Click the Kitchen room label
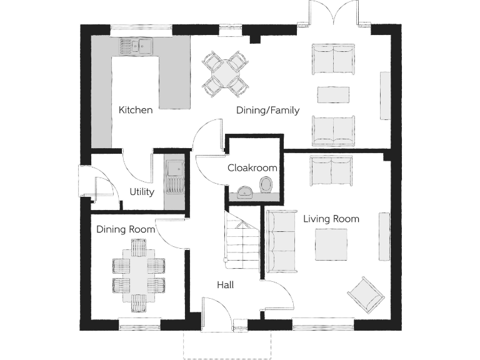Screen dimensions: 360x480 click(x=136, y=110)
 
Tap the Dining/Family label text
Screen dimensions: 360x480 click(x=267, y=111)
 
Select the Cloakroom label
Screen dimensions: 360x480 click(x=252, y=167)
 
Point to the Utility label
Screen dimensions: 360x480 click(x=142, y=192)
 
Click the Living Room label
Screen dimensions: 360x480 click(x=331, y=219)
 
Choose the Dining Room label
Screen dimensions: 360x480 click(x=126, y=229)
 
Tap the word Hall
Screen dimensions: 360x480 click(x=225, y=285)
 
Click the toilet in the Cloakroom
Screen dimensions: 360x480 click(x=267, y=185)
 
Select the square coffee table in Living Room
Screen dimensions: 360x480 click(x=331, y=244)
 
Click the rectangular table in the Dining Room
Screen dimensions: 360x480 click(x=139, y=276)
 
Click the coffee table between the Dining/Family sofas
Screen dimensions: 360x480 click(x=332, y=94)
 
